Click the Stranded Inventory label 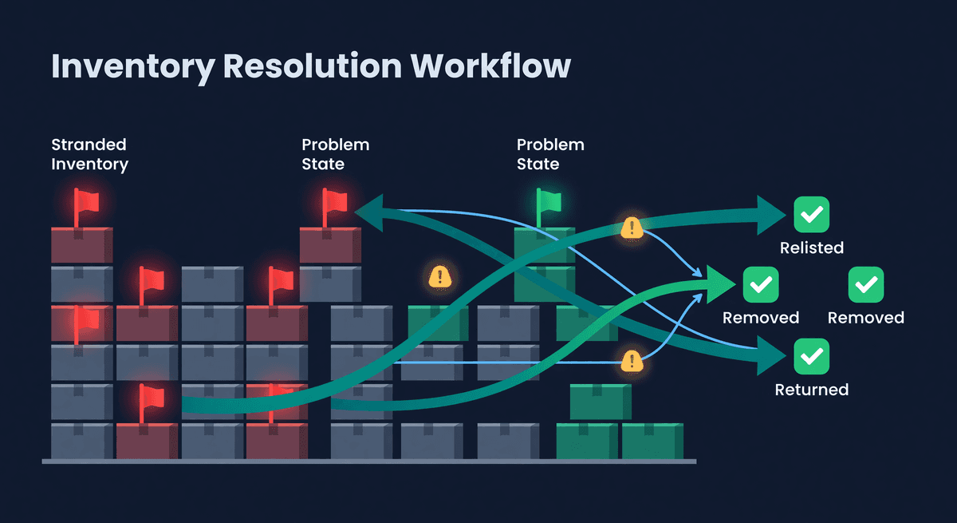[x=89, y=154]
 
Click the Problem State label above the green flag [x=550, y=154]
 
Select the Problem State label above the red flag [x=335, y=154]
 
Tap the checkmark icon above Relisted [x=812, y=214]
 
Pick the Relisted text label [x=812, y=248]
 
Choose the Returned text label [x=812, y=390]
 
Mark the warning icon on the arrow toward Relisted [x=632, y=228]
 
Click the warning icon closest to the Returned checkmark [x=632, y=361]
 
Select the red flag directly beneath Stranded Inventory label [x=85, y=204]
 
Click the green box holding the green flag [x=545, y=245]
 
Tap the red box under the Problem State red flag [x=330, y=245]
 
